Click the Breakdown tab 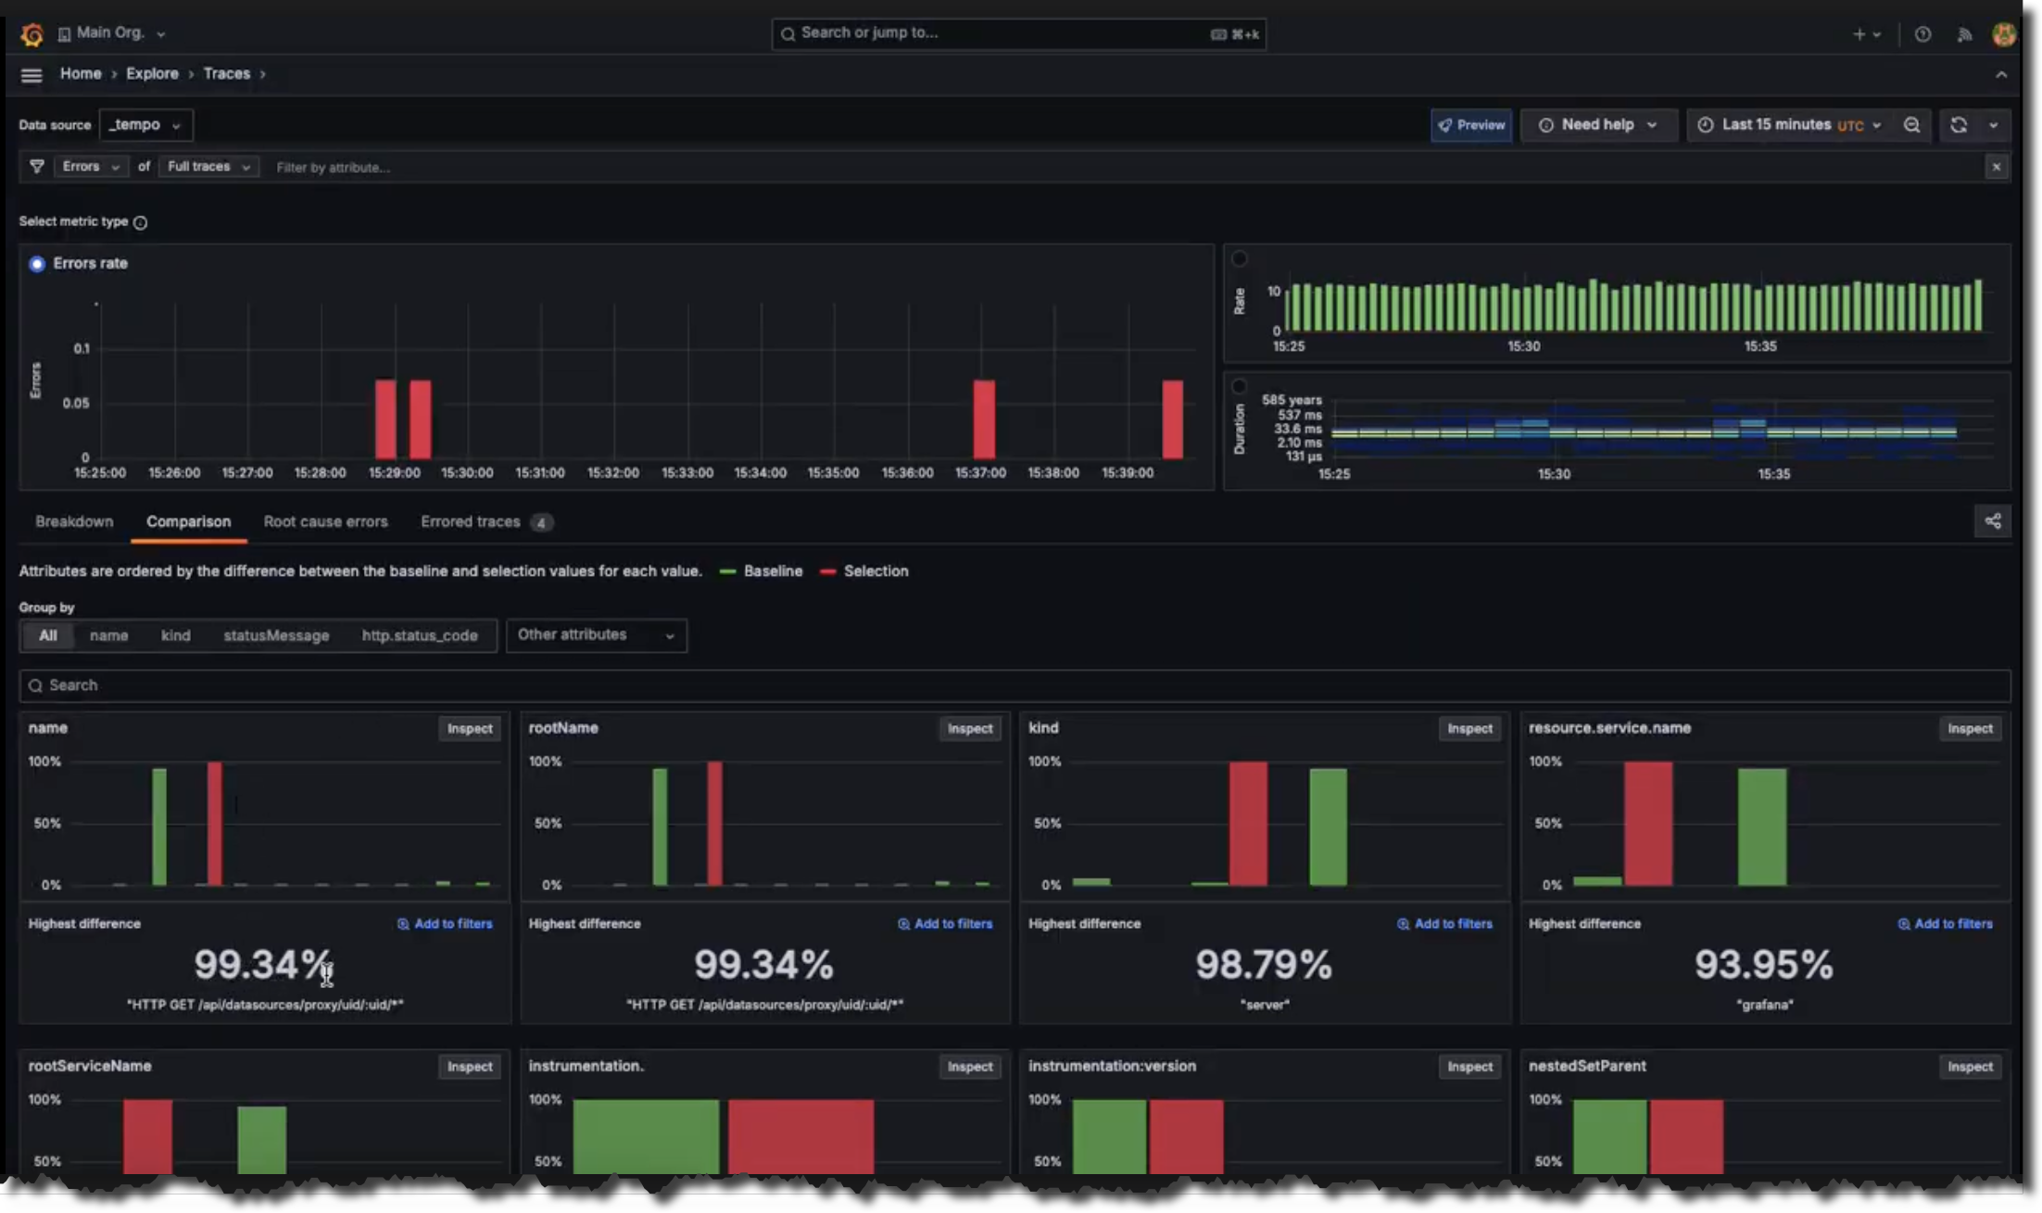point(74,521)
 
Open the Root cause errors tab point(325,521)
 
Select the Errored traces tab point(471,521)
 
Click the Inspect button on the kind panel point(1469,729)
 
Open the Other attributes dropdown point(596,635)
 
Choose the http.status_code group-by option point(420,635)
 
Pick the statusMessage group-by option point(276,635)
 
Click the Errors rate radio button point(37,264)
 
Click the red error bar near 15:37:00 point(984,419)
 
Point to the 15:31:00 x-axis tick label point(540,472)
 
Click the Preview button point(1471,125)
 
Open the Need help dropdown point(1598,125)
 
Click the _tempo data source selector point(145,125)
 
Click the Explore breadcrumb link point(152,73)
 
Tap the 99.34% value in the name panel point(262,965)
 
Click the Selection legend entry point(875,571)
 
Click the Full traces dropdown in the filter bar point(208,167)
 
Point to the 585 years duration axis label point(1292,400)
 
